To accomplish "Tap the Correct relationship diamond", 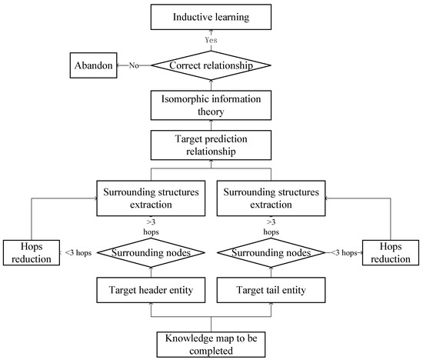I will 211,66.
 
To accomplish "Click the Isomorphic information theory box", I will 211,105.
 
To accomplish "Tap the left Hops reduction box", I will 32,252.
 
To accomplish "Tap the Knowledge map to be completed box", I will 211,343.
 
